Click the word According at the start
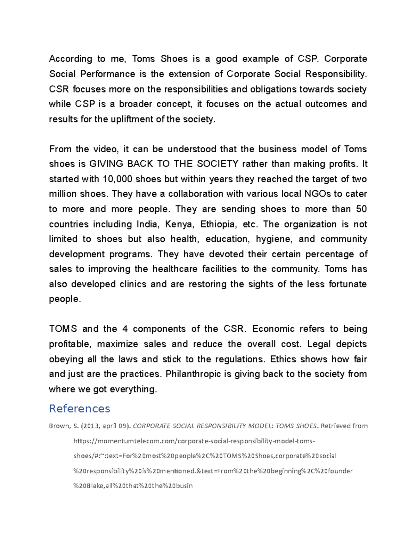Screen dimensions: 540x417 pos(71,59)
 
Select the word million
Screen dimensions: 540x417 pos(63,194)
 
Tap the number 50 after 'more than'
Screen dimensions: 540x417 pos(361,209)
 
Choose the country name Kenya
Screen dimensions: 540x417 pos(179,224)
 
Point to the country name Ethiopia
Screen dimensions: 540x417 pos(219,224)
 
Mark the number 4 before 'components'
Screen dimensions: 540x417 pos(125,329)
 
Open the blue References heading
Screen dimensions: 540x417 pos(80,409)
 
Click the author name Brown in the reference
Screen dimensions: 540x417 pos(59,426)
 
